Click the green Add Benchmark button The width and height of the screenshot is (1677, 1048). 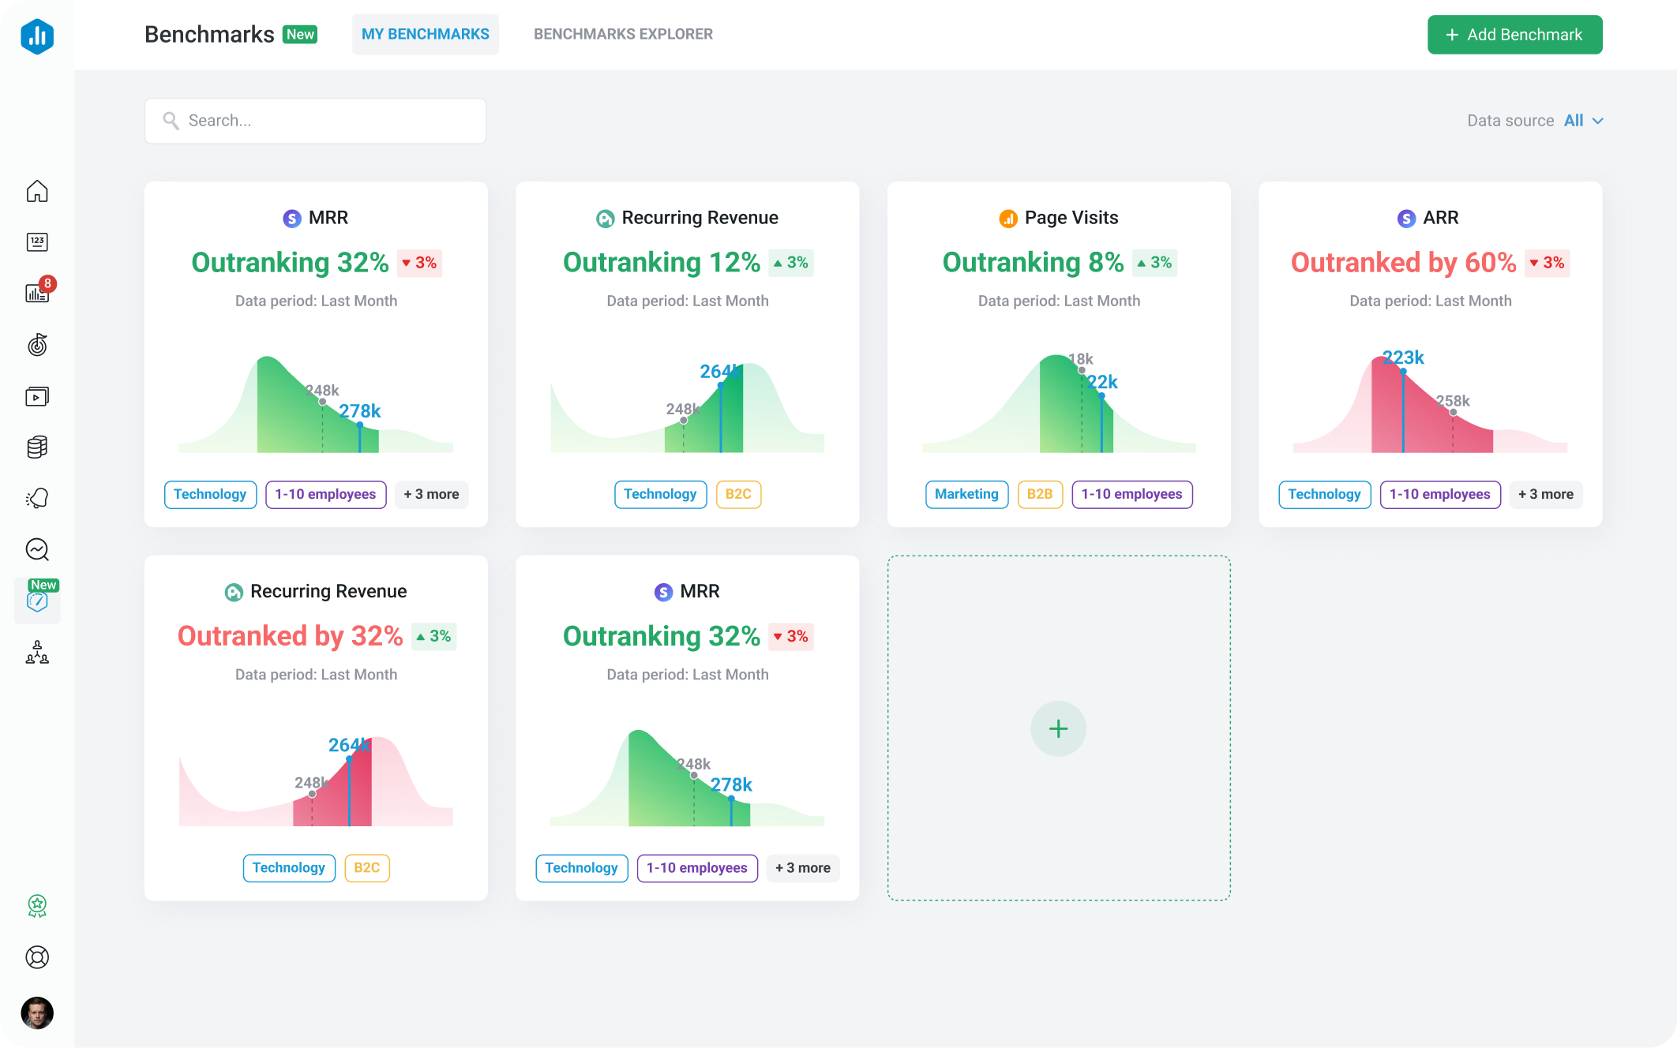pyautogui.click(x=1514, y=35)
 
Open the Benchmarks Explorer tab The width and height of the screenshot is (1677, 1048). pyautogui.click(x=623, y=34)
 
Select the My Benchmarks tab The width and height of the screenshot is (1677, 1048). pyautogui.click(x=425, y=34)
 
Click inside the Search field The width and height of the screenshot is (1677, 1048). pyautogui.click(x=316, y=121)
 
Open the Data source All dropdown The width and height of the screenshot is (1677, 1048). pyautogui.click(x=1583, y=121)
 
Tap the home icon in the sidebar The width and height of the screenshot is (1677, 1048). pyautogui.click(x=37, y=192)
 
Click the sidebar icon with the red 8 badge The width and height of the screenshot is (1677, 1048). pyautogui.click(x=37, y=293)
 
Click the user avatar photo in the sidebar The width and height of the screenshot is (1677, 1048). pyautogui.click(x=37, y=1012)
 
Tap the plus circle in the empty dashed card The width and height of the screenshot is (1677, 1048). pyautogui.click(x=1058, y=728)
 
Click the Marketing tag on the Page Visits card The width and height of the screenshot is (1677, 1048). pyautogui.click(x=966, y=494)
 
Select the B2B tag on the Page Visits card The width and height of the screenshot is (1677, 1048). pyautogui.click(x=1040, y=494)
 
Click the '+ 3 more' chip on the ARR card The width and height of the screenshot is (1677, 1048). pyautogui.click(x=1545, y=494)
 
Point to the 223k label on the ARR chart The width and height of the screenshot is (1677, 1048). pyautogui.click(x=1404, y=357)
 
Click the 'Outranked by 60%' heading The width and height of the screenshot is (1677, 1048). pyautogui.click(x=1403, y=263)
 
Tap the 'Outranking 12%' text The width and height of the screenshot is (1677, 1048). pyautogui.click(x=661, y=263)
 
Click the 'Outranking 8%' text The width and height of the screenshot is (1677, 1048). pyautogui.click(x=1033, y=263)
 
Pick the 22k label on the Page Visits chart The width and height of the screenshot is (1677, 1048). pyautogui.click(x=1103, y=382)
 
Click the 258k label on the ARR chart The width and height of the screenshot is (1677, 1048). pyautogui.click(x=1454, y=401)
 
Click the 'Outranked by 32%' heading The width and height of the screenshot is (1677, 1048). pyautogui.click(x=290, y=636)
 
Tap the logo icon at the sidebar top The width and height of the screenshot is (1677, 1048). pyautogui.click(x=37, y=36)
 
